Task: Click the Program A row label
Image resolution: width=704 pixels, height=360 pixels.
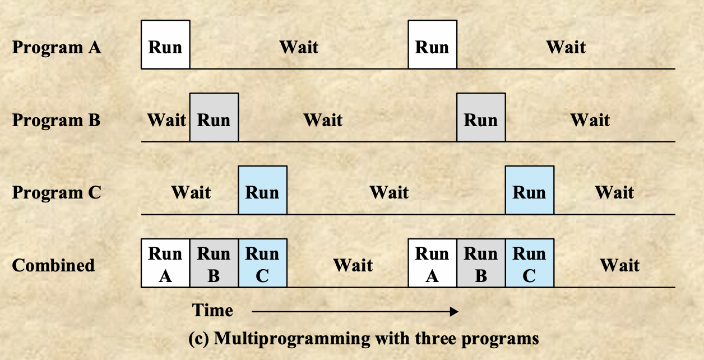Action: [x=57, y=47]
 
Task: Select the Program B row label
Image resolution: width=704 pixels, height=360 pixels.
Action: [x=56, y=120]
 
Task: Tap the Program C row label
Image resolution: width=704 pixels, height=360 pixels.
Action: [x=57, y=192]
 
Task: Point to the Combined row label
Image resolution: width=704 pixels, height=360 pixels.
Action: [x=53, y=265]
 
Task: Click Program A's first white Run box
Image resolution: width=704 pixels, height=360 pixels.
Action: [x=165, y=45]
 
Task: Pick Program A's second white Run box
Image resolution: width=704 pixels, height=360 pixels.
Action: [x=432, y=45]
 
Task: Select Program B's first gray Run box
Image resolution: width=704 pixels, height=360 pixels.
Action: [x=214, y=118]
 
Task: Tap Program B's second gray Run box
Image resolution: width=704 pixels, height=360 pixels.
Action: [x=481, y=118]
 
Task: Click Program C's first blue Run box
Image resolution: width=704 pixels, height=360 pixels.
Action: [x=262, y=190]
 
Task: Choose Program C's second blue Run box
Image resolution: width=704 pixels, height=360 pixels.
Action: [x=530, y=190]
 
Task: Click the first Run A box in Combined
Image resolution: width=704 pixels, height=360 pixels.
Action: [x=165, y=264]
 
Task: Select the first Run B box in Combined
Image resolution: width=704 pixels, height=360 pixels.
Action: [x=214, y=264]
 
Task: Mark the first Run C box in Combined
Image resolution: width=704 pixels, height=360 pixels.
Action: [x=262, y=264]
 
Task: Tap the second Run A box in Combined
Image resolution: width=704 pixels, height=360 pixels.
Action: [x=432, y=264]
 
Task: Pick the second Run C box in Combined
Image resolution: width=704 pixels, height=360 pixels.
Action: [x=530, y=264]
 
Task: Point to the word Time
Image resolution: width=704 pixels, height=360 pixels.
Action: [x=212, y=310]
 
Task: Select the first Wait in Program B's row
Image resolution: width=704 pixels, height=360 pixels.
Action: [x=166, y=120]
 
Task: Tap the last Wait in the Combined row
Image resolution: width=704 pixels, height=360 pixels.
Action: [x=619, y=265]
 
